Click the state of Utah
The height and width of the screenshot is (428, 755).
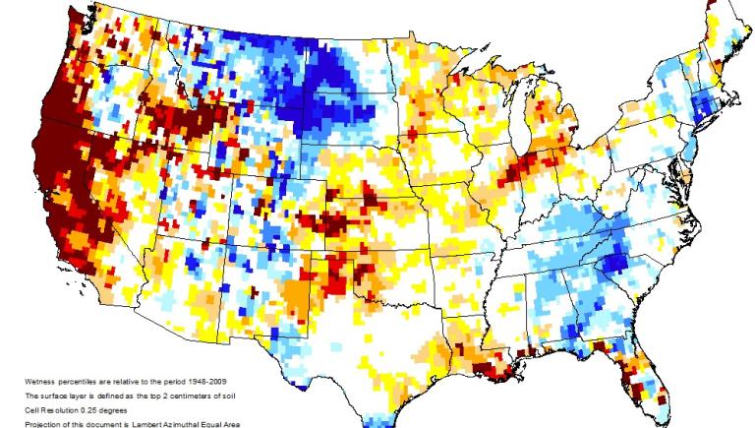192,192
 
